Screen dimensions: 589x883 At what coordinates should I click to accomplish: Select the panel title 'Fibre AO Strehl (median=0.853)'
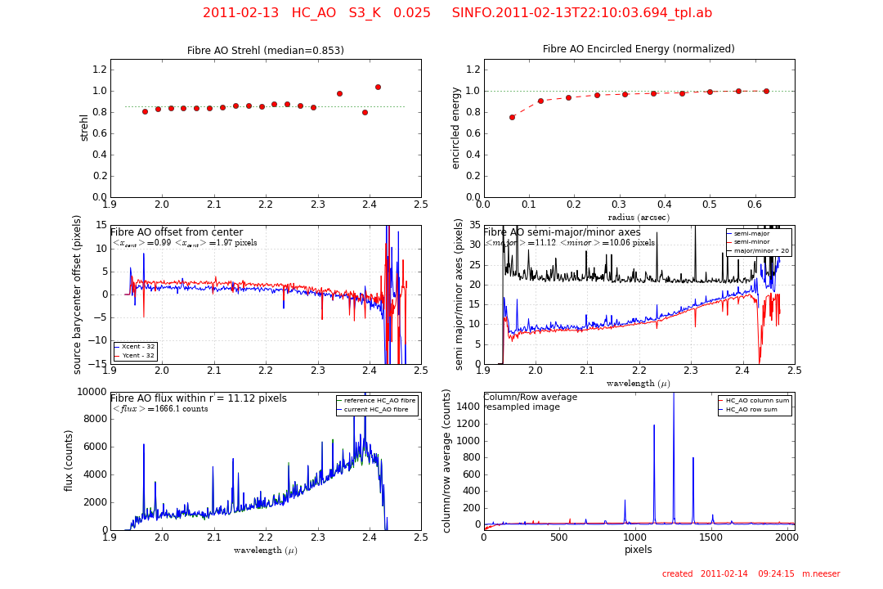click(266, 51)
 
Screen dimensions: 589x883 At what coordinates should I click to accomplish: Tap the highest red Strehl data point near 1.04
click(378, 87)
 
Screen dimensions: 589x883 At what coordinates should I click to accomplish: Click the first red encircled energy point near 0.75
click(512, 117)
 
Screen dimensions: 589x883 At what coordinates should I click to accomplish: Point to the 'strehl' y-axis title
click(84, 128)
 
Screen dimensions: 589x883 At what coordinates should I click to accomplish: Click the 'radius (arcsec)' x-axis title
click(639, 218)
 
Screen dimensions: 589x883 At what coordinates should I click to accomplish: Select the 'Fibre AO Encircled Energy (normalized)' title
click(639, 49)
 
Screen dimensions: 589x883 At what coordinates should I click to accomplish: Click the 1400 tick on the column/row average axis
click(464, 407)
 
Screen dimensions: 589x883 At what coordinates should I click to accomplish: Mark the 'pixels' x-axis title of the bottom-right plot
click(639, 550)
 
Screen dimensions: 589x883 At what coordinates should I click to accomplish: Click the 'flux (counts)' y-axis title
click(69, 461)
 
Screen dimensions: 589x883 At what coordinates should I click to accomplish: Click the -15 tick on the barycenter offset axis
click(95, 364)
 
